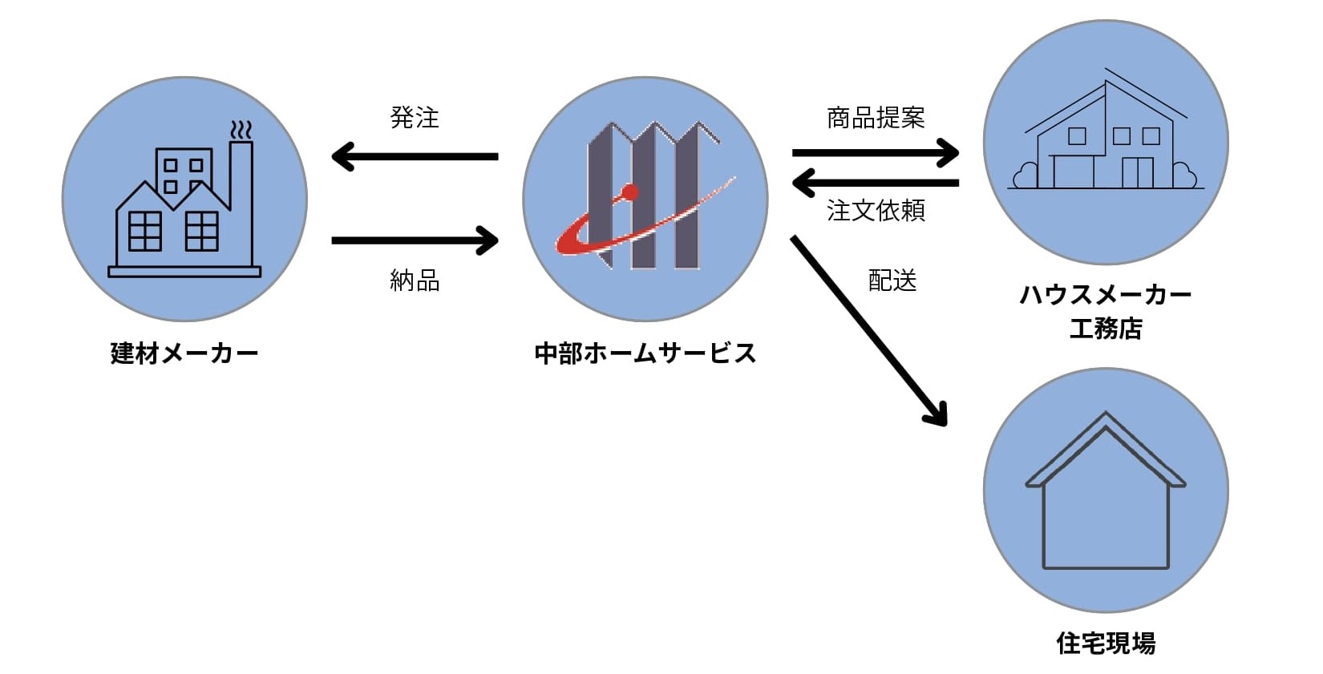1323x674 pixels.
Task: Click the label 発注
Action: tap(415, 118)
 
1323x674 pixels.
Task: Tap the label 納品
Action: tap(415, 280)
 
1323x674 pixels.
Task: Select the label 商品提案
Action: tap(876, 118)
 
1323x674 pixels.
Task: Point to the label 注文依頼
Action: tap(876, 211)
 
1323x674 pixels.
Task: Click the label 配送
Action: tap(892, 280)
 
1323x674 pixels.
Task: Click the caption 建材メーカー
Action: tap(184, 353)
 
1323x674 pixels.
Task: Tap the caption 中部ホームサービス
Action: tap(645, 353)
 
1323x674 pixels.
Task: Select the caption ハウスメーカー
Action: tap(1106, 295)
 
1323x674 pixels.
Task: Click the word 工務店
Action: tap(1106, 329)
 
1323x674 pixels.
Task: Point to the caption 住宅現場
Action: tap(1106, 643)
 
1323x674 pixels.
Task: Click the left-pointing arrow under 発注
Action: tap(415, 156)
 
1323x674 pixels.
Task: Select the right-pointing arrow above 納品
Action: tap(415, 240)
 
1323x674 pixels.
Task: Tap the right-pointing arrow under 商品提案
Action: tap(876, 152)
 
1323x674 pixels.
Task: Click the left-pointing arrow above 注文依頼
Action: tap(876, 183)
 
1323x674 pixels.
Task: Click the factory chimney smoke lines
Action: tap(241, 131)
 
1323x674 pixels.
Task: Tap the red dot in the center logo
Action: tap(630, 192)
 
